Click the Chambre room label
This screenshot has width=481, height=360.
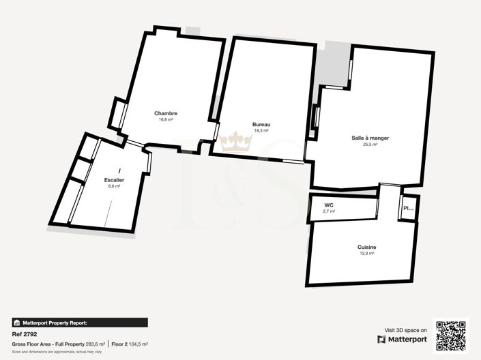166,113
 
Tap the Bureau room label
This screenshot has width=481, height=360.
261,124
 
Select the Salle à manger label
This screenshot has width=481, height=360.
370,138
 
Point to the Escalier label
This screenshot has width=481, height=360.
114,179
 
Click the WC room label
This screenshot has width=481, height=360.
329,205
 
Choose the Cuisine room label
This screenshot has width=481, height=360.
366,247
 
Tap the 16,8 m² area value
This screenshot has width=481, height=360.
166,119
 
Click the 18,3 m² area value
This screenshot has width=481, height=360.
261,130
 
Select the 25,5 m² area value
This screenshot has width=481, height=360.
370,144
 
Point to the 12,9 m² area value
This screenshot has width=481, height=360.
366,253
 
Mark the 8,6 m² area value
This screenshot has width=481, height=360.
114,185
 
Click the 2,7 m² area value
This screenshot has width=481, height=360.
329,211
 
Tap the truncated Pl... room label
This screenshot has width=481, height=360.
408,209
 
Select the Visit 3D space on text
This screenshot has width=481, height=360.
406,329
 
